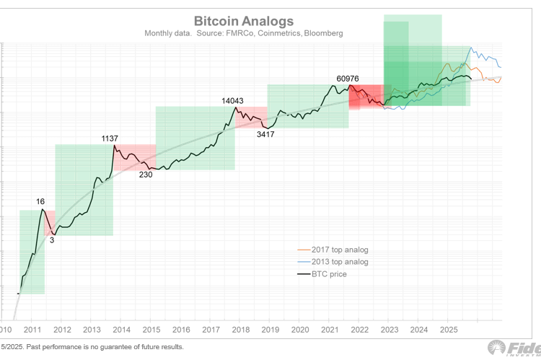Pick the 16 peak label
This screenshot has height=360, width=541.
coord(41,203)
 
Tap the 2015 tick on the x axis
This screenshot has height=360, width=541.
coord(152,330)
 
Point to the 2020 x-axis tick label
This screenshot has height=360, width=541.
coord(299,330)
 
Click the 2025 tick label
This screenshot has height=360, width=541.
coord(447,330)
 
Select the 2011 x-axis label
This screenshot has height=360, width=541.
coord(34,330)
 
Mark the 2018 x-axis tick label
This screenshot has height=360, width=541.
coord(240,330)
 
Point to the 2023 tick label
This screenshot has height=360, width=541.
coord(388,330)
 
